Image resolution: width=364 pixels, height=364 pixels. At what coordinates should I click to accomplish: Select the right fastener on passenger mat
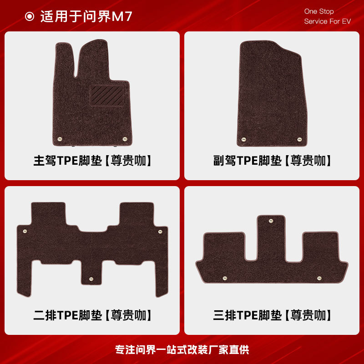click(299, 139)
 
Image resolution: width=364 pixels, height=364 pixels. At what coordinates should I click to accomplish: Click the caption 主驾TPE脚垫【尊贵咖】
click(92, 161)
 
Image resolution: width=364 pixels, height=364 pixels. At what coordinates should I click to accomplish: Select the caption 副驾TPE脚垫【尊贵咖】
click(272, 161)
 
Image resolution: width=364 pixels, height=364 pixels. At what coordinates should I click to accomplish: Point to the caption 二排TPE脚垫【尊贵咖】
click(92, 315)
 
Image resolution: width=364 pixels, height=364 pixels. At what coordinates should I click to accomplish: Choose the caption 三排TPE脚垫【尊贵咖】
click(272, 315)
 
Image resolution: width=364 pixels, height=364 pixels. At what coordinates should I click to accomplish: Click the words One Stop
click(319, 11)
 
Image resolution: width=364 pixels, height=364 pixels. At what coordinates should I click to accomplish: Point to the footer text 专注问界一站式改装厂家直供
click(182, 350)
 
